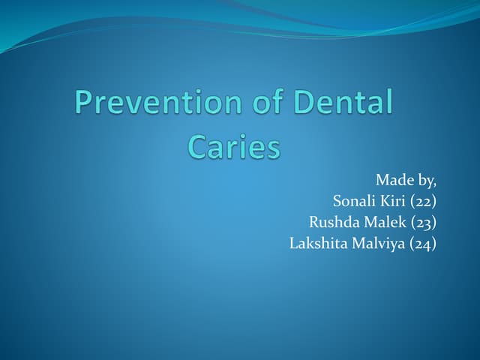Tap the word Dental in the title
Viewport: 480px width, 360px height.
pos(346,103)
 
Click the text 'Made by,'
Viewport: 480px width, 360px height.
pos(406,180)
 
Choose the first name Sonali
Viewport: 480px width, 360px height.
pos(355,201)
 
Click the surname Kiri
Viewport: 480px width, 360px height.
pos(393,201)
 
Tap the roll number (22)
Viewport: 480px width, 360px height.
pos(423,201)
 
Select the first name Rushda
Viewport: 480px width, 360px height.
pos(335,222)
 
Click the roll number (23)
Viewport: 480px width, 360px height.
pos(423,222)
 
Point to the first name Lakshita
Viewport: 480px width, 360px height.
pos(317,243)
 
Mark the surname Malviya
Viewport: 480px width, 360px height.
pos(377,243)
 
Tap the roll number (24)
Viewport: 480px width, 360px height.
pos(423,243)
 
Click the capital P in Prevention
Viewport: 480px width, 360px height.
pos(83,103)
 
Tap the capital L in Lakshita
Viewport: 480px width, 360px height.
pos(293,243)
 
